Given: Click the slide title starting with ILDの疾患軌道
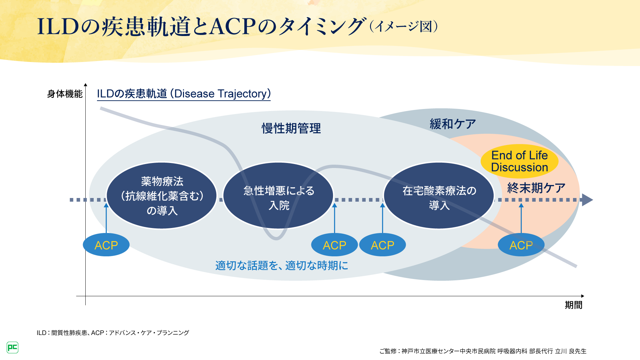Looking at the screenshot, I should click(200, 27).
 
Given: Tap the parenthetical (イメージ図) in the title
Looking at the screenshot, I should click(404, 27).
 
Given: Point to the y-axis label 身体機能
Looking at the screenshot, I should click(65, 94).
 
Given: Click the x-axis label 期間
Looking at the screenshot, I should click(573, 305).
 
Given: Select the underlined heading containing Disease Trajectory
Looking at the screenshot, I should click(184, 94).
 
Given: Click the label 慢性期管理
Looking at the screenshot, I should click(291, 128).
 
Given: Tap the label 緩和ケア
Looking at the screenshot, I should click(453, 124).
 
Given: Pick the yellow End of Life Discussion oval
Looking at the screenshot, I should click(519, 161).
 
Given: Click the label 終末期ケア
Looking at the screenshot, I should click(536, 188).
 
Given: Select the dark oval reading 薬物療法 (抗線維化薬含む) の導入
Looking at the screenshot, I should click(162, 196).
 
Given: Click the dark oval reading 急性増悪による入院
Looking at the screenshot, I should click(279, 197).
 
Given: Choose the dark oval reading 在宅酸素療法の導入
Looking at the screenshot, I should click(439, 197).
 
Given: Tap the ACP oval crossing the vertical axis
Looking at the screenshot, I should click(106, 245).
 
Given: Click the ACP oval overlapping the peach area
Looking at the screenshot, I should click(521, 245).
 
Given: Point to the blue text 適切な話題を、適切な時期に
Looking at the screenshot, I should click(282, 266).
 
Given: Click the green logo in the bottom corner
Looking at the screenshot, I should click(12, 348).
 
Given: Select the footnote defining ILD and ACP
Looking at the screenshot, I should click(113, 333).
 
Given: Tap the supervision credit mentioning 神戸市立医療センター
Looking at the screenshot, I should click(483, 351).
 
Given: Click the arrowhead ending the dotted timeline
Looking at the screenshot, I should click(587, 200).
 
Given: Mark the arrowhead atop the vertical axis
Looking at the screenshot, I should click(85, 85).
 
